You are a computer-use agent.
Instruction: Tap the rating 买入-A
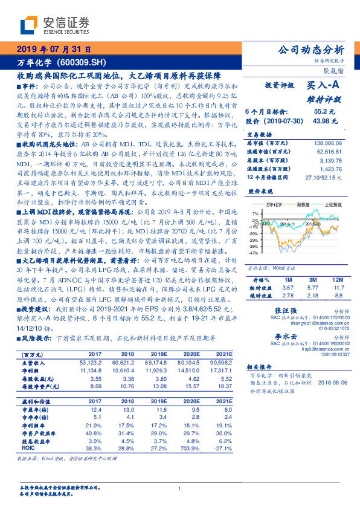(326, 86)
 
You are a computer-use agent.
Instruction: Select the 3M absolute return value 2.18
(312, 295)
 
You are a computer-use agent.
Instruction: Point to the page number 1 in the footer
(180, 489)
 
